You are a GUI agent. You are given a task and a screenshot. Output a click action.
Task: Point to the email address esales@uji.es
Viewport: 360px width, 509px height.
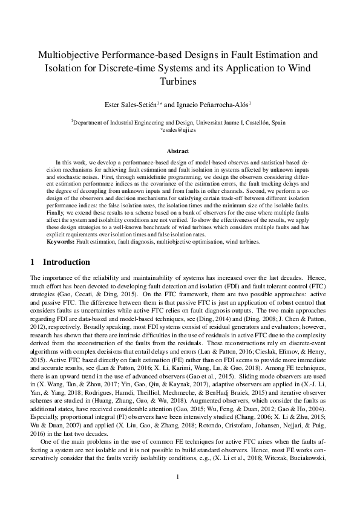coord(180,129)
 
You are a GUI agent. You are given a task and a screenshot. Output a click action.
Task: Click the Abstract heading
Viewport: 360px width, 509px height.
coord(180,151)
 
